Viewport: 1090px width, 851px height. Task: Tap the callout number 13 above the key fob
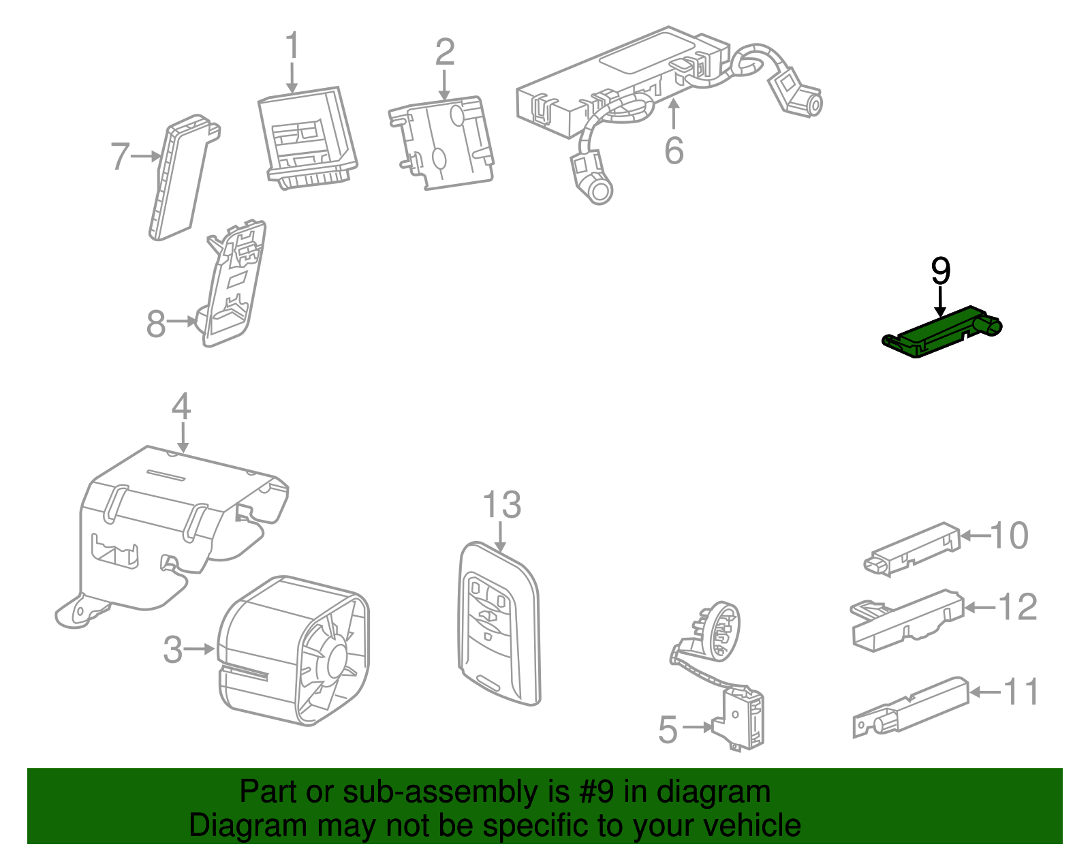[x=501, y=506]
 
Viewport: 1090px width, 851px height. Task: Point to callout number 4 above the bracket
[x=181, y=407]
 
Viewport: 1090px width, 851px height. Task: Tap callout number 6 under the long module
[x=674, y=151]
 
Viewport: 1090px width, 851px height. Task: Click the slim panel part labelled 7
[x=178, y=179]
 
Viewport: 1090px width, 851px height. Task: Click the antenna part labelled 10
[x=913, y=548]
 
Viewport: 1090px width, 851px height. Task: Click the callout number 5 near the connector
[x=668, y=730]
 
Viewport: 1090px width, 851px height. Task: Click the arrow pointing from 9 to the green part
[x=940, y=300]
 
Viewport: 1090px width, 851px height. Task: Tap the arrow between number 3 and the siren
[x=200, y=649]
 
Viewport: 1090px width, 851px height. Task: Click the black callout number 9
[x=940, y=272]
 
